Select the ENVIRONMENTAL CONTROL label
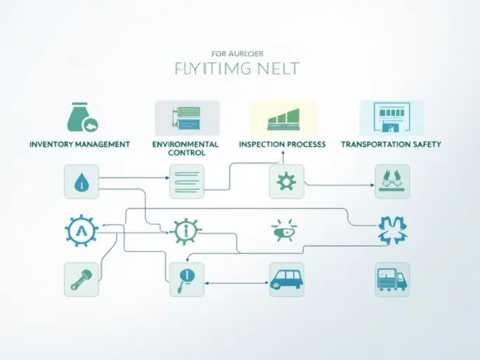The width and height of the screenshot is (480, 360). coord(185,148)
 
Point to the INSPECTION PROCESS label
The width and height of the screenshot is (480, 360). coord(282,144)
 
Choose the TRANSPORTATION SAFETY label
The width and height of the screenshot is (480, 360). coord(391,144)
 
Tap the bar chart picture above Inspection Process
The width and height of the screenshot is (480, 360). coord(284,117)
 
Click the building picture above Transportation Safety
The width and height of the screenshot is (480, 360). coord(392,117)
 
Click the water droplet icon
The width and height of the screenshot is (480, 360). coord(81,182)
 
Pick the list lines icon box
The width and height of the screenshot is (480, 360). coord(186,182)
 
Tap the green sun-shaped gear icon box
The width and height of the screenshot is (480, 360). coord(286,182)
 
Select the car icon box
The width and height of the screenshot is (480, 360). coord(286,280)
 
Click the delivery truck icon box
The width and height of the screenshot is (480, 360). coord(392,280)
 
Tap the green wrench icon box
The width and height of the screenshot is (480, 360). coord(81,279)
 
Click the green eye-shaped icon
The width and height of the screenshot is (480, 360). coord(284,229)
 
